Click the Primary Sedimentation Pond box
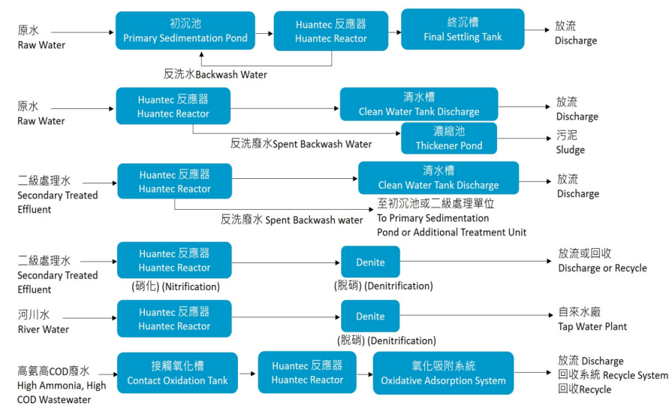(185, 31)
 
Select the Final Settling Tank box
(463, 29)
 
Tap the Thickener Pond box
(449, 138)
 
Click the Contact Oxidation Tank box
(177, 373)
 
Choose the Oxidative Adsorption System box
(443, 373)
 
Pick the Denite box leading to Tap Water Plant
(370, 317)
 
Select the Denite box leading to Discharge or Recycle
(370, 262)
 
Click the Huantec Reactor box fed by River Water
(174, 318)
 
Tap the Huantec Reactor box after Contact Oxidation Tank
(307, 373)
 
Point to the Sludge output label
(570, 142)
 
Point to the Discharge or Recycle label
(601, 261)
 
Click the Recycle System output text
(612, 375)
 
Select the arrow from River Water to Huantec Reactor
(93, 318)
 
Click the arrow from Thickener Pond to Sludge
(526, 138)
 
